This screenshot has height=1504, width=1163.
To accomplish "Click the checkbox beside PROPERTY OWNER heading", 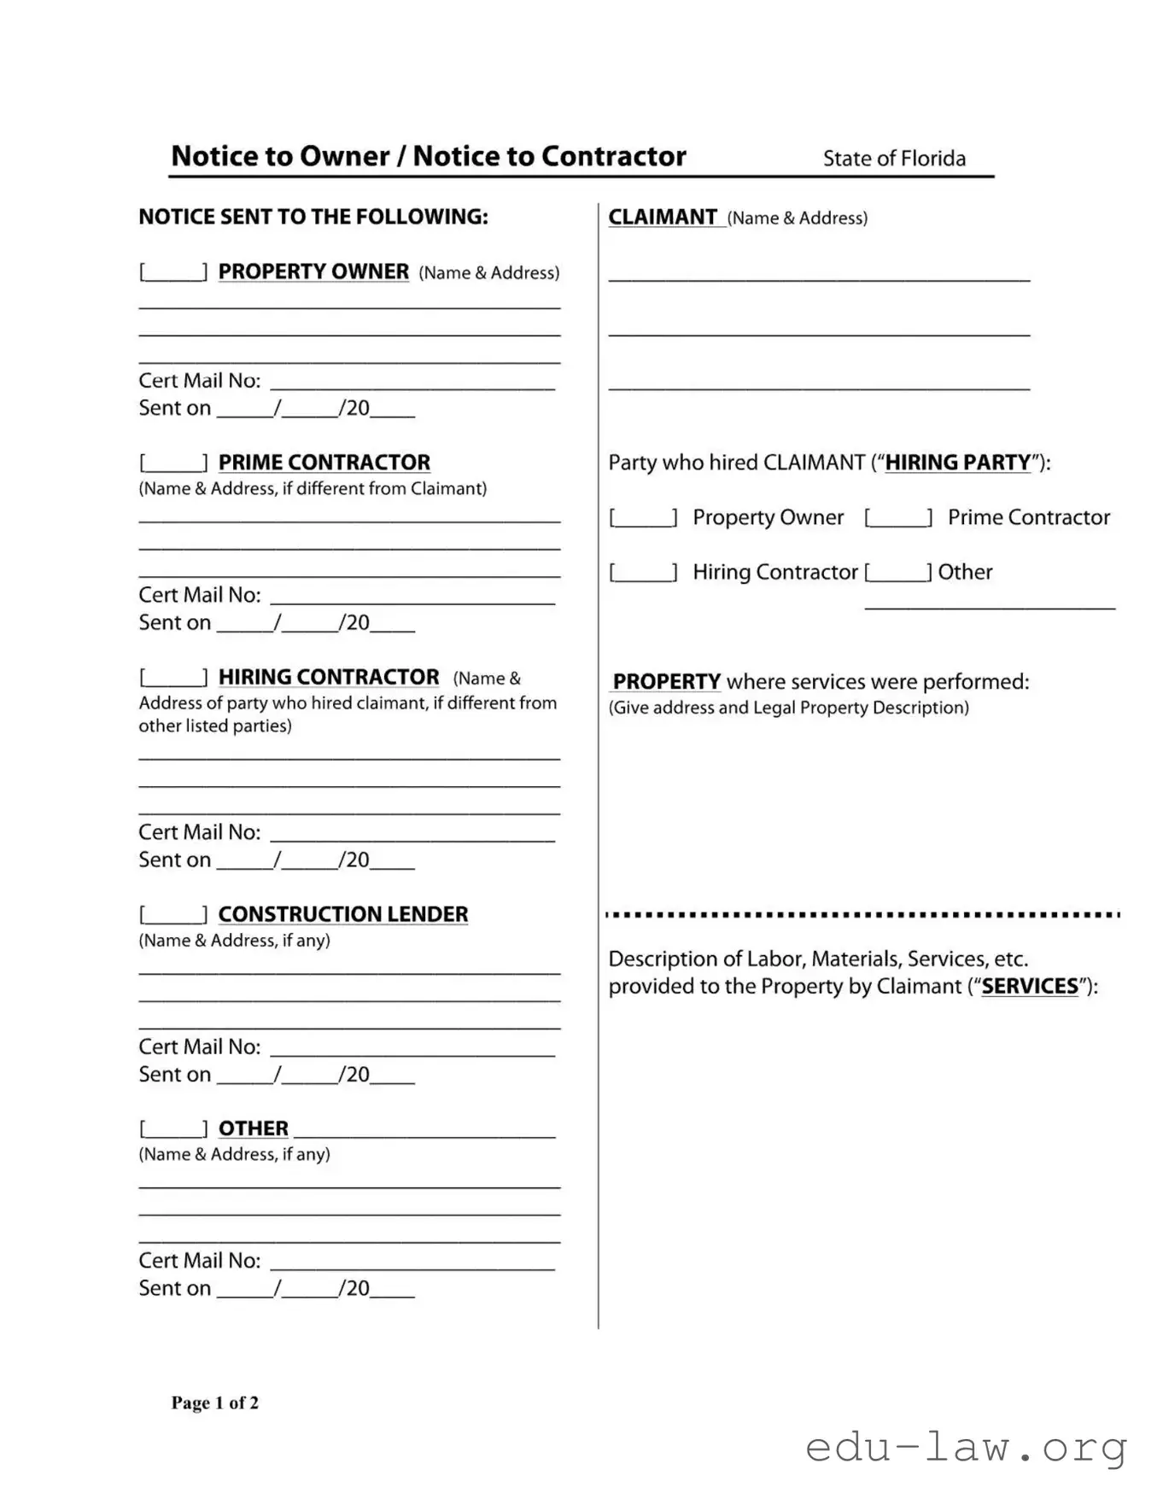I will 173,272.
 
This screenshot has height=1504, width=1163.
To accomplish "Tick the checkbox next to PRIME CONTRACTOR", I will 173,463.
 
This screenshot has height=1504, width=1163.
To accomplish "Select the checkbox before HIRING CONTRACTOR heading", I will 173,678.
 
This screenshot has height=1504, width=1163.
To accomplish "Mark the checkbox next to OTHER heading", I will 173,1129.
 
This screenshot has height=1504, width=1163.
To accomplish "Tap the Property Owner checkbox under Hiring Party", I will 643,517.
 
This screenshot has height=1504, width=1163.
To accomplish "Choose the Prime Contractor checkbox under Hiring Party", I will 898,517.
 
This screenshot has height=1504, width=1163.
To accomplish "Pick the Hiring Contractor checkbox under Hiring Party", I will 643,572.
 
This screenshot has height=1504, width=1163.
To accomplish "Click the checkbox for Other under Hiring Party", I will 898,572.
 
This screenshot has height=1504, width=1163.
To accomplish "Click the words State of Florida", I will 894,159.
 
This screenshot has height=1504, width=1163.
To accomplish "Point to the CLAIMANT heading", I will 663,218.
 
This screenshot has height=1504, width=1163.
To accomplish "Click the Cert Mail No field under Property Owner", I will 412,381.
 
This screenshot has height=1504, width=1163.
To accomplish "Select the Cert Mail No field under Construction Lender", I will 412,1047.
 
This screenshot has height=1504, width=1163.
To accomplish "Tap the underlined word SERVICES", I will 1030,987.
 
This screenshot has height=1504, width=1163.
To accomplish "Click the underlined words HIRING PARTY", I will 958,463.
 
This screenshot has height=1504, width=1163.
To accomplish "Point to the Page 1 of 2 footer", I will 215,1402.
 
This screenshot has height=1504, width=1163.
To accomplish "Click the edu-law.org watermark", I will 966,1448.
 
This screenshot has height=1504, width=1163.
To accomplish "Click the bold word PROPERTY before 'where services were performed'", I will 667,682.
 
